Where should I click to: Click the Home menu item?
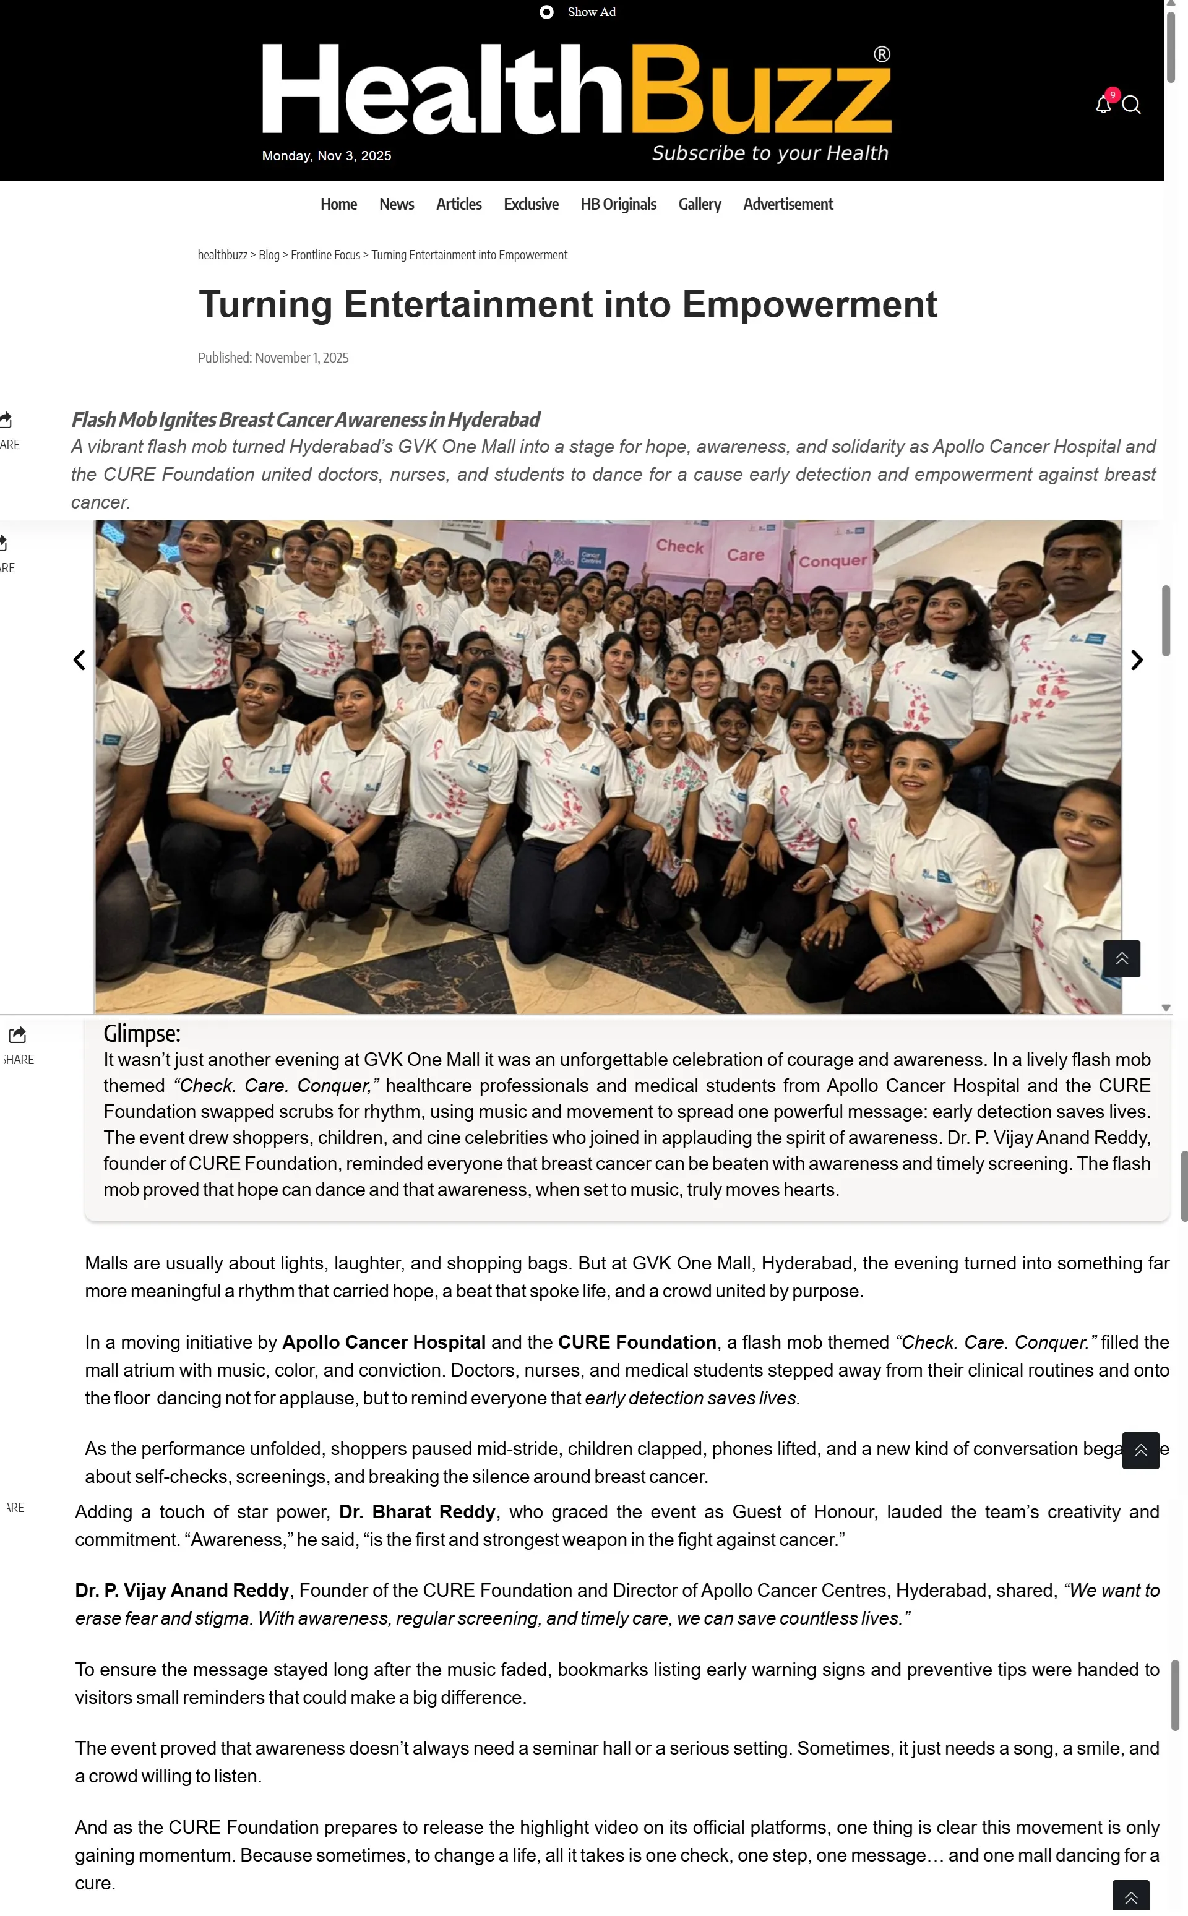[x=338, y=204]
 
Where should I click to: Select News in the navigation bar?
[x=396, y=204]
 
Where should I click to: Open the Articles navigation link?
[x=459, y=204]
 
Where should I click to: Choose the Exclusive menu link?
[x=531, y=204]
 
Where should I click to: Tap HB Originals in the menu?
[x=618, y=204]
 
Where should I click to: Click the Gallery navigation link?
[x=699, y=204]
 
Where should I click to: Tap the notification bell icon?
[x=1103, y=105]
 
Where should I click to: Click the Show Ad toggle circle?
[x=546, y=12]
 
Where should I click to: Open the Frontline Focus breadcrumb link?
[x=325, y=254]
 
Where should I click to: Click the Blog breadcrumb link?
[x=269, y=254]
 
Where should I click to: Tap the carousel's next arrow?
[x=1136, y=660]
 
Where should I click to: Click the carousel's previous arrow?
[x=79, y=660]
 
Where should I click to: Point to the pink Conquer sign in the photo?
[x=832, y=560]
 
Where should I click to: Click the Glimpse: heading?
[x=142, y=1033]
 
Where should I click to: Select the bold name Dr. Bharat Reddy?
[x=417, y=1511]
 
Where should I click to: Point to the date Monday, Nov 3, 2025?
[x=326, y=155]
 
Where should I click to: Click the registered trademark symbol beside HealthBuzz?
[x=882, y=54]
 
